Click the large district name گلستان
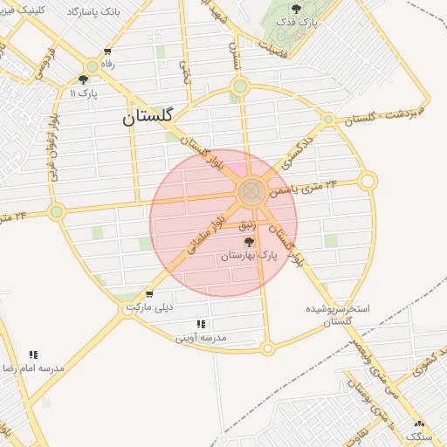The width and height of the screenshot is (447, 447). (x=148, y=114)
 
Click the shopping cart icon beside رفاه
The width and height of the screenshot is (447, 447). (x=107, y=52)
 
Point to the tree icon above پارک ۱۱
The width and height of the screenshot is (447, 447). (x=83, y=79)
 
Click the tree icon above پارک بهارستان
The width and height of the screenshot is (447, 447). (x=250, y=242)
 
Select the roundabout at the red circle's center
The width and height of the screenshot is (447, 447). (x=251, y=190)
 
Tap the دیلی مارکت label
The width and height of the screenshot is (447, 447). (x=149, y=307)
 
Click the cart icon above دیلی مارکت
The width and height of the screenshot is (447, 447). (x=150, y=294)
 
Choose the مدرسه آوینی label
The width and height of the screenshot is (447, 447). (x=201, y=337)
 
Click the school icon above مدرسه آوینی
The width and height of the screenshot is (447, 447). (x=202, y=324)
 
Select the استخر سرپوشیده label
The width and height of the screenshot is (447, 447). (x=338, y=309)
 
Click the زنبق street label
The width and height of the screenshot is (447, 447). (x=247, y=226)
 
